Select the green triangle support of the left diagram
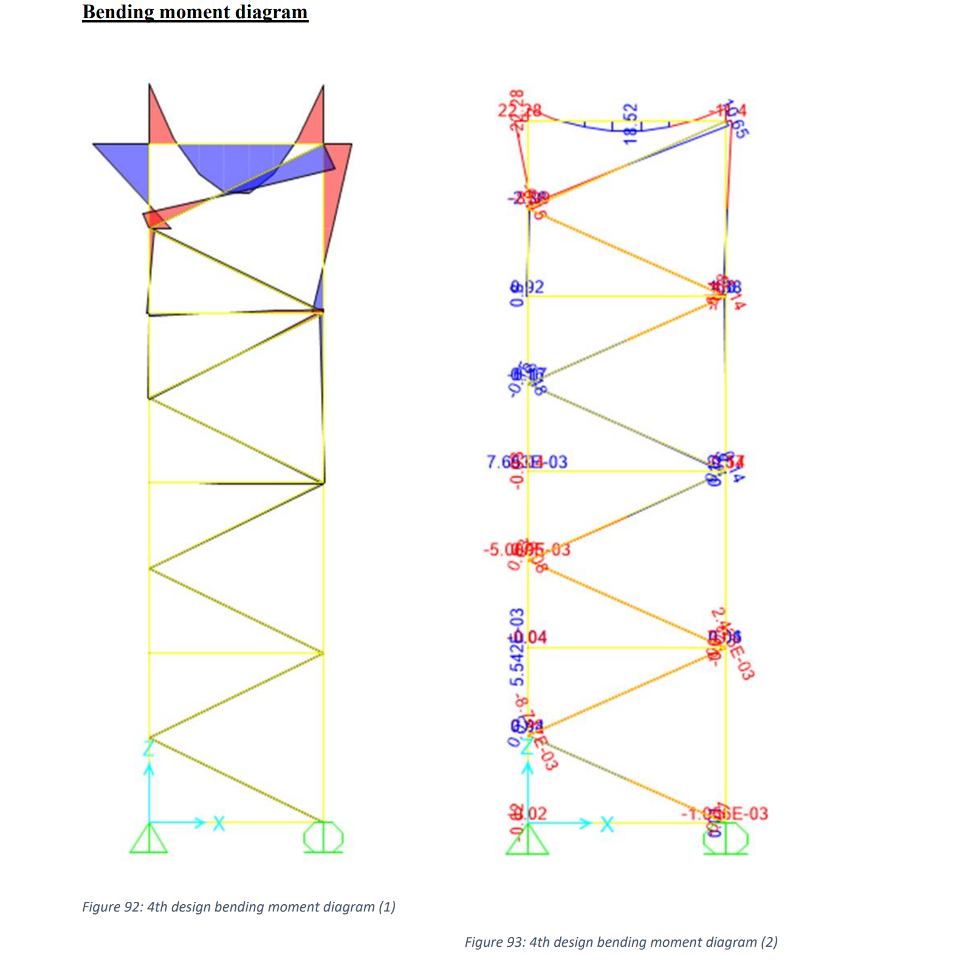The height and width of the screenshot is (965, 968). [x=148, y=840]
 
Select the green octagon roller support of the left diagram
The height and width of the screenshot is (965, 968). [x=323, y=837]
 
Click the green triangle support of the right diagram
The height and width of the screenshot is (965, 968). [x=527, y=841]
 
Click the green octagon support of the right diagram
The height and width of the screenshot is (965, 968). [x=726, y=840]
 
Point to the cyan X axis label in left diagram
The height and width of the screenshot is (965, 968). [x=219, y=824]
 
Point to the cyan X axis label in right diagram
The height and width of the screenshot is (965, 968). [x=607, y=825]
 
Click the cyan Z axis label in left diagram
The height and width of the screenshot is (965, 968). [x=148, y=748]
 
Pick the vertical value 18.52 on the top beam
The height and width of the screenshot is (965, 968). [x=631, y=123]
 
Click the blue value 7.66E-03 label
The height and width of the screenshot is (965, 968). [x=527, y=462]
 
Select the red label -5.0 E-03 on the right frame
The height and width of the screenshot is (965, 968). [x=527, y=549]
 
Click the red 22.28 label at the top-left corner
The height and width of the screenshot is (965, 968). [x=519, y=111]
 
